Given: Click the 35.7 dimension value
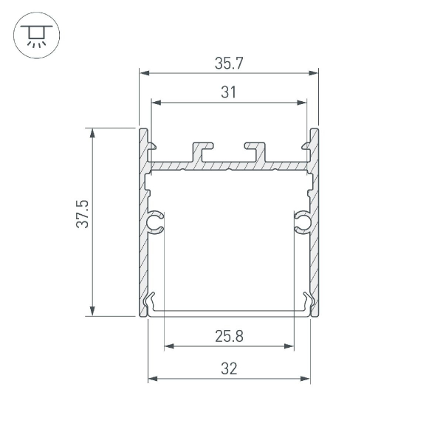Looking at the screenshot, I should point(229,63).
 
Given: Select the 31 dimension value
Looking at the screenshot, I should point(229,92).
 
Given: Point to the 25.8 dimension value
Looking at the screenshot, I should point(229,337).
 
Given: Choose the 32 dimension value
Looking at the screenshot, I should point(229,369).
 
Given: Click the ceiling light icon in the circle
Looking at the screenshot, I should point(34,35).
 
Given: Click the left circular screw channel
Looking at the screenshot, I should point(156,221).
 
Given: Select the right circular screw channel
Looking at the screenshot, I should point(302,221).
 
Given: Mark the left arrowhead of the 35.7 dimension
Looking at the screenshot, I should point(144,73).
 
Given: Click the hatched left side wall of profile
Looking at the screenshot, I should point(142,244).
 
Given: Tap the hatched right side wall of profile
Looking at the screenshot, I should point(315,244).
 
